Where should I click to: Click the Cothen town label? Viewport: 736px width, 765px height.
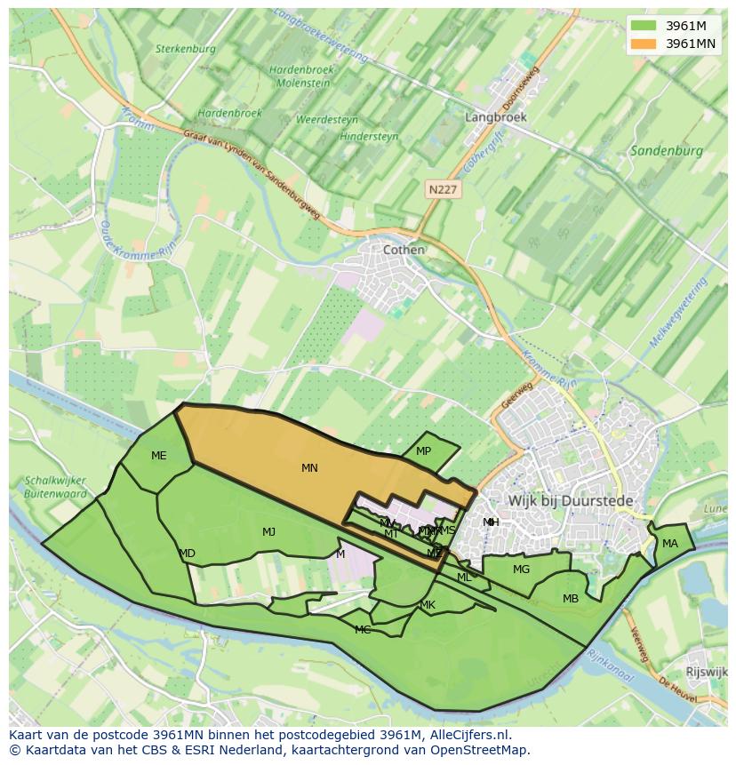pyautogui.click(x=404, y=250)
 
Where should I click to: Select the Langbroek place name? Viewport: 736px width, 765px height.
pyautogui.click(x=496, y=117)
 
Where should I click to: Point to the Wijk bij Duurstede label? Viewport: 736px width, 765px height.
pyautogui.click(x=571, y=501)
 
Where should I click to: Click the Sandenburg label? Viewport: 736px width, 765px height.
pyautogui.click(x=667, y=151)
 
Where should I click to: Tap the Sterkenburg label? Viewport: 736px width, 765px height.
pyautogui.click(x=185, y=49)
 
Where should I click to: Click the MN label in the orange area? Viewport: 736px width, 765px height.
pyautogui.click(x=309, y=468)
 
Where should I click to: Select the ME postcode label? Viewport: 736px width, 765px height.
pyautogui.click(x=158, y=456)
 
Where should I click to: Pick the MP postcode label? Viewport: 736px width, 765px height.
pyautogui.click(x=423, y=451)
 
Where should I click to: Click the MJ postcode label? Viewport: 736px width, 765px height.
pyautogui.click(x=268, y=532)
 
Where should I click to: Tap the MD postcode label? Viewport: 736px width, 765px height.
pyautogui.click(x=187, y=554)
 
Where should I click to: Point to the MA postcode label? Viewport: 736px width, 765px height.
pyautogui.click(x=669, y=544)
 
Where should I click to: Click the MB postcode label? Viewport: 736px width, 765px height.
pyautogui.click(x=571, y=599)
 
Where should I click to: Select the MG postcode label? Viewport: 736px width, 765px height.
pyautogui.click(x=521, y=570)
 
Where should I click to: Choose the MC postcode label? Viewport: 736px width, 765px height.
pyautogui.click(x=363, y=630)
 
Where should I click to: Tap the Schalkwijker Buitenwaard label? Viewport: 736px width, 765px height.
pyautogui.click(x=56, y=488)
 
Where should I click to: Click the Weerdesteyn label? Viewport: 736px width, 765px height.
pyautogui.click(x=327, y=119)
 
